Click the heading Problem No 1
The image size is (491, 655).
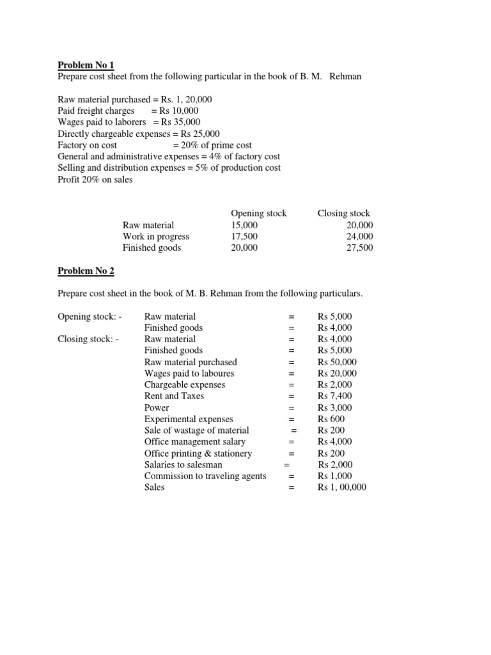86,65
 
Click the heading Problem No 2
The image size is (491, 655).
86,271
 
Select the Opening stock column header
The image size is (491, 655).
258,214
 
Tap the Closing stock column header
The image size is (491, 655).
343,214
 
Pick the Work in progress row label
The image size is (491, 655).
156,237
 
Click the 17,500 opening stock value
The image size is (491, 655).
244,237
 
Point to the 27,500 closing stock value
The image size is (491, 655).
359,248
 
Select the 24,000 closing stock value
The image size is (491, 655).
359,237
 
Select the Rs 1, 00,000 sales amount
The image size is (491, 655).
342,487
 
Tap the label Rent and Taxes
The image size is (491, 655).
174,397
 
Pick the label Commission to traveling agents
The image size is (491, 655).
205,477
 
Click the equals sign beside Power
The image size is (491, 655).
292,408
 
